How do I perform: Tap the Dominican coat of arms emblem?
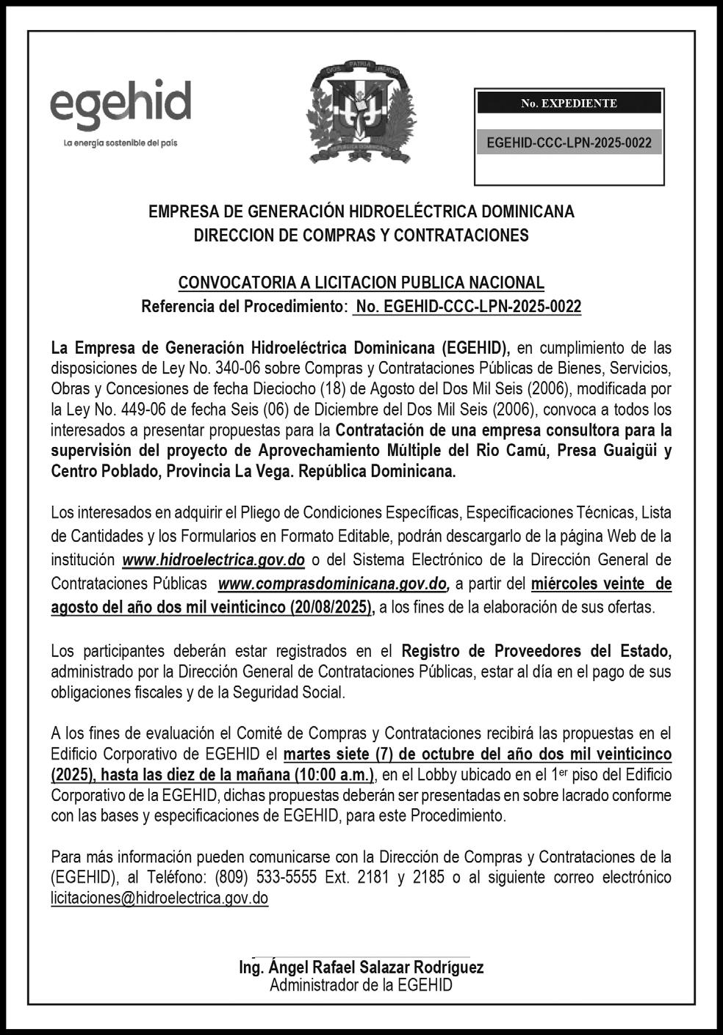tap(361, 112)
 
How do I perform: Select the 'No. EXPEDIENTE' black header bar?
tap(569, 103)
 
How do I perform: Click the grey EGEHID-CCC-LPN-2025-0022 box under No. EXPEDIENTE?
tap(569, 142)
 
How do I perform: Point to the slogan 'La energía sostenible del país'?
tap(120, 142)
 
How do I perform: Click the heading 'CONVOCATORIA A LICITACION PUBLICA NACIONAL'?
tap(361, 283)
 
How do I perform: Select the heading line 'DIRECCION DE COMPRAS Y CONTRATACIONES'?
tap(361, 236)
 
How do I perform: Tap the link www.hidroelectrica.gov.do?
tap(213, 560)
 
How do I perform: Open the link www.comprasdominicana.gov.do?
tap(334, 584)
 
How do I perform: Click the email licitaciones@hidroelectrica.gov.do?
tap(159, 898)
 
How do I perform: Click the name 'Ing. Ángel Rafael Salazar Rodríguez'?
tap(361, 967)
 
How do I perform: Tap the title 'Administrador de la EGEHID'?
tap(361, 986)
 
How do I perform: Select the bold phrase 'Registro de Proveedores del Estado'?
tap(536, 651)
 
